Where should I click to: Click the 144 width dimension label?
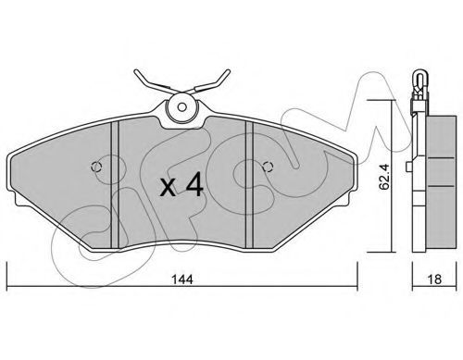[182, 279]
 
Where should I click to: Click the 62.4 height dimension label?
[385, 177]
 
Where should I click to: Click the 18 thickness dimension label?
[434, 279]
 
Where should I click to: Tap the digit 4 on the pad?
[194, 184]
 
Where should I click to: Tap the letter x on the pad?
[169, 188]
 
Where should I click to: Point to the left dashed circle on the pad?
[96, 167]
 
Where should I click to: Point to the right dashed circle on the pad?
[268, 167]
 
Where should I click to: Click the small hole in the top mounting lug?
[182, 107]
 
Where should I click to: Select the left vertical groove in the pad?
[115, 184]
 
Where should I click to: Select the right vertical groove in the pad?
[249, 184]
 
